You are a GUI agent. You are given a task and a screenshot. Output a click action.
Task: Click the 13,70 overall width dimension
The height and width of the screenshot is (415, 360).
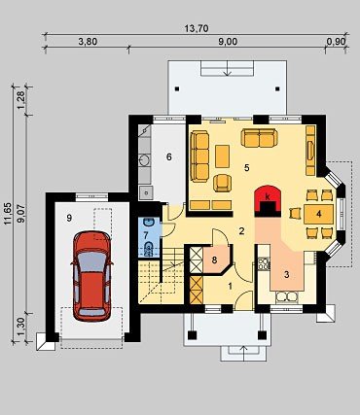click(x=197, y=28)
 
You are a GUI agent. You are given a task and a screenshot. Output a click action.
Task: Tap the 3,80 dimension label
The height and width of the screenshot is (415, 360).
click(x=88, y=42)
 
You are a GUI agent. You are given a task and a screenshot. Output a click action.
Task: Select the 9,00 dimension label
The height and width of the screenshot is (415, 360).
click(x=228, y=42)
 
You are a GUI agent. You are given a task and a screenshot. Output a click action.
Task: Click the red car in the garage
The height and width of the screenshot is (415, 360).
click(x=91, y=276)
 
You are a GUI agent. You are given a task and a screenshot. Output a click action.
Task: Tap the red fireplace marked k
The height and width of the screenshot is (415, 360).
click(x=268, y=201)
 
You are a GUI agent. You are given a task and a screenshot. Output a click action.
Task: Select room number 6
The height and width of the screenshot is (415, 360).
click(x=168, y=156)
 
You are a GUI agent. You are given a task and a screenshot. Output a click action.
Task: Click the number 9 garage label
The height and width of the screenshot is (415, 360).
click(x=69, y=218)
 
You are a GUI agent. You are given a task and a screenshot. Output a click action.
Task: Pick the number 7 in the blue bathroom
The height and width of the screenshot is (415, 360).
click(x=146, y=233)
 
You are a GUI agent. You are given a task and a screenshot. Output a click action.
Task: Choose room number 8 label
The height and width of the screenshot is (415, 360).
click(x=214, y=259)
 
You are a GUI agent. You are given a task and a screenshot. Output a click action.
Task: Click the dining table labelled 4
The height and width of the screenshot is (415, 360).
click(x=319, y=214)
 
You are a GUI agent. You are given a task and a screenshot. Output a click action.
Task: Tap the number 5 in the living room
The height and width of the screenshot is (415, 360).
click(x=247, y=168)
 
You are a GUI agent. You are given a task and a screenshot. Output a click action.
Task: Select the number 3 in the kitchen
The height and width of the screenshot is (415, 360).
click(x=286, y=274)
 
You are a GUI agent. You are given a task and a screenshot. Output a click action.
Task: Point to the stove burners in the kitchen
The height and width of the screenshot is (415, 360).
click(x=264, y=263)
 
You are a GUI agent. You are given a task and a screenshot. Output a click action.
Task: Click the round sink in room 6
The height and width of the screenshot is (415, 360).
click(x=145, y=160)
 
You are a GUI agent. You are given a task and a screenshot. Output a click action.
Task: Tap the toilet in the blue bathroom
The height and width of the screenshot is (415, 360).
click(x=149, y=248)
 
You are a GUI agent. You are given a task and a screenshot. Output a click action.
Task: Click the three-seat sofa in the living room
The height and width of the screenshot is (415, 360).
click(x=199, y=156)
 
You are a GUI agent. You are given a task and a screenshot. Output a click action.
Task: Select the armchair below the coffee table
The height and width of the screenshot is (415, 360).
click(x=223, y=183)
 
